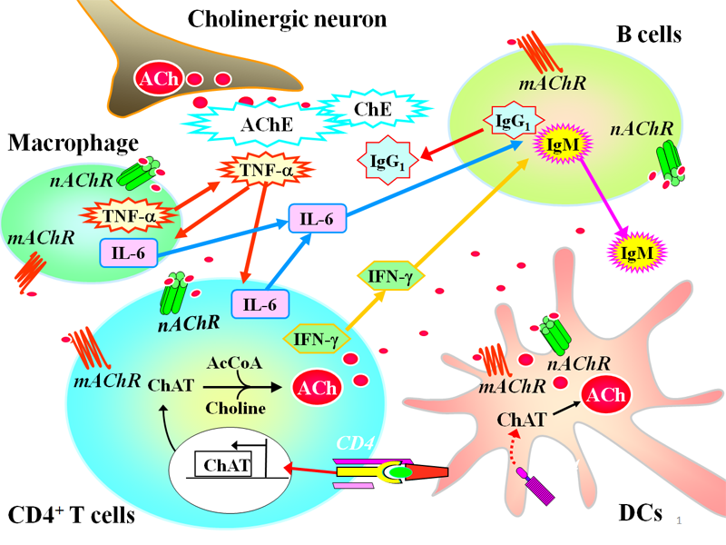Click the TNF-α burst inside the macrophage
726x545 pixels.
pyautogui.click(x=128, y=215)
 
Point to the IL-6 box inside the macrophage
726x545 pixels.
pyautogui.click(x=127, y=251)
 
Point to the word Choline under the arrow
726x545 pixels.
pyautogui.click(x=241, y=408)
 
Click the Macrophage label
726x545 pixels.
pyautogui.click(x=73, y=143)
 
